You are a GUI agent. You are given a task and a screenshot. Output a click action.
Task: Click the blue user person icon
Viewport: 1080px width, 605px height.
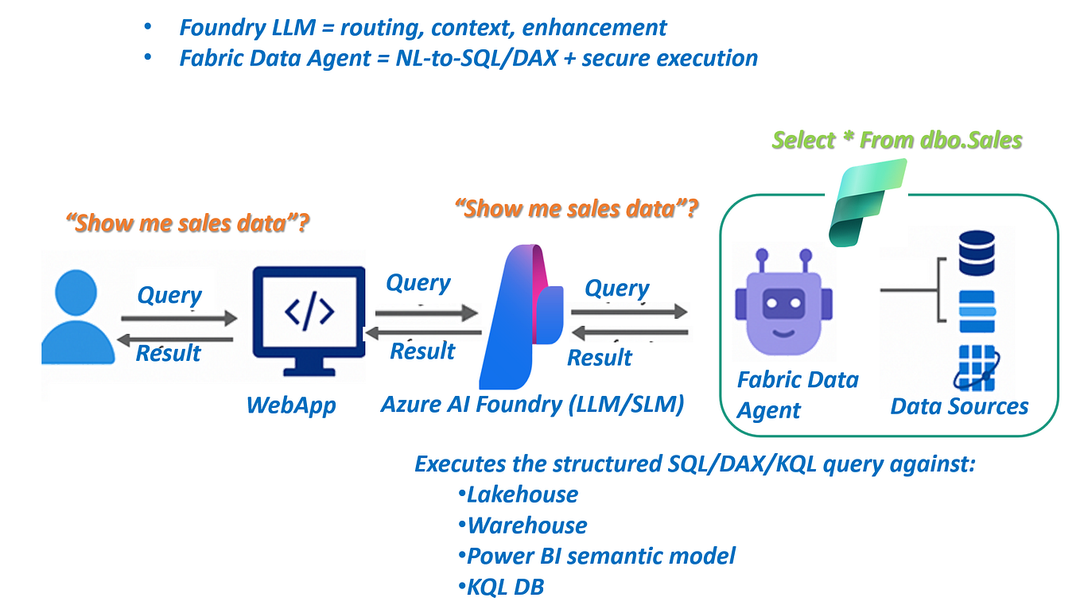pyautogui.click(x=77, y=317)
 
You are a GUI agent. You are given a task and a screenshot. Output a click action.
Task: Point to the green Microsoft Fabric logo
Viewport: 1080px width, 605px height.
pyautogui.click(x=867, y=202)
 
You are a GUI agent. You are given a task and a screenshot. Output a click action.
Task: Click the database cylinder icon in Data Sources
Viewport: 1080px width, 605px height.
pyautogui.click(x=977, y=252)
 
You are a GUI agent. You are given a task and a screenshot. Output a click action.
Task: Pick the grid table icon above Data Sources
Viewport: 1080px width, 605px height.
pyautogui.click(x=977, y=367)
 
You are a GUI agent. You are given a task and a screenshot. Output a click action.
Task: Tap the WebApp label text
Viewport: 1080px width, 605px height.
pyautogui.click(x=291, y=405)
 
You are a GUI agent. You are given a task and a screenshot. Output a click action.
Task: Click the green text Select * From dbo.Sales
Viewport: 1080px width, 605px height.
pyautogui.click(x=897, y=141)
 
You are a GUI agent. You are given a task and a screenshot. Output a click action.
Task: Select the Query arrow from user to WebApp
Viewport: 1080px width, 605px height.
pyautogui.click(x=179, y=319)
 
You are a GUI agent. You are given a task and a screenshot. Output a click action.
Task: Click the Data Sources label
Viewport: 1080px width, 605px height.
pyautogui.click(x=959, y=406)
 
